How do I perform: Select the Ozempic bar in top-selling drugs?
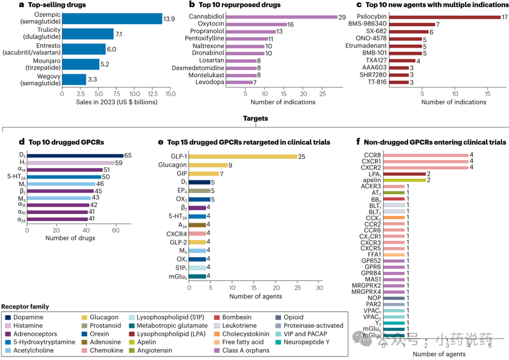(x=112, y=19)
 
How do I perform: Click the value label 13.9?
(x=170, y=19)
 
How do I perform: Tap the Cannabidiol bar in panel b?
(x=281, y=17)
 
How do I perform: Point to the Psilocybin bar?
(x=445, y=17)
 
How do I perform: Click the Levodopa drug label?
(x=209, y=82)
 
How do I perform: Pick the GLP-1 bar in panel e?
(x=243, y=156)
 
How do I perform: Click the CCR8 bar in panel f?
(x=425, y=155)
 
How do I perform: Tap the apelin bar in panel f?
(x=404, y=180)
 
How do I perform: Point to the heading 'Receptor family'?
(x=25, y=307)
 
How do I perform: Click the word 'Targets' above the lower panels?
(x=254, y=118)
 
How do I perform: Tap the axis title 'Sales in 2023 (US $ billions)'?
(x=116, y=102)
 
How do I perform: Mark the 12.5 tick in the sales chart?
(x=152, y=94)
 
